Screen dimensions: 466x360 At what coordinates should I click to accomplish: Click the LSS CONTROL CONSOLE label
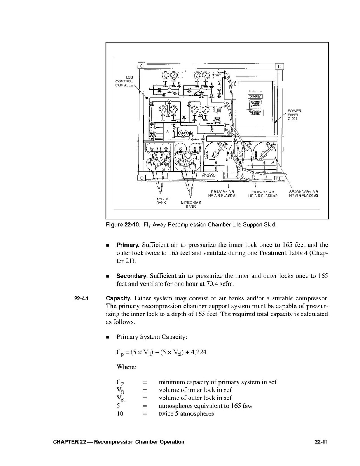click(x=124, y=81)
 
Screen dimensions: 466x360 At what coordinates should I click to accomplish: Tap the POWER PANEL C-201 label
click(x=294, y=115)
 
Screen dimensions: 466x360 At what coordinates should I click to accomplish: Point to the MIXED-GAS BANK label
click(x=190, y=205)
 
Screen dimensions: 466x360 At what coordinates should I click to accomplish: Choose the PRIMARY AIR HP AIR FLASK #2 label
click(x=263, y=194)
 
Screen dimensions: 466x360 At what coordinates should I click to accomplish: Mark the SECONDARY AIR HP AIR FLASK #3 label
click(x=303, y=193)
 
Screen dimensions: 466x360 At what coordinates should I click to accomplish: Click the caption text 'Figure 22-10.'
click(x=123, y=225)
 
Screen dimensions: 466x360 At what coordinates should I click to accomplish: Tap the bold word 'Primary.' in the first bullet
click(x=128, y=245)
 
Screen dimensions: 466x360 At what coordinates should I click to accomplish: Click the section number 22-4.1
click(x=82, y=299)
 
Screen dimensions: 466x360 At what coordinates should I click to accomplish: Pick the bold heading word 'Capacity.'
click(x=119, y=298)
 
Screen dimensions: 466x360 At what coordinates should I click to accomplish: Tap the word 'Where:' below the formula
click(x=126, y=367)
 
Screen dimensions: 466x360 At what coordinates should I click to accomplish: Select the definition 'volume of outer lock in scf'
click(x=195, y=398)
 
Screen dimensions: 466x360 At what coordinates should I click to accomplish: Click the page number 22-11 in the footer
click(x=322, y=442)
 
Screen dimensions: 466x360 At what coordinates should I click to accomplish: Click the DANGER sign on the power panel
click(x=255, y=102)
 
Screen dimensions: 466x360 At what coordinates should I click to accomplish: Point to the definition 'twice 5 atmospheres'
click(x=186, y=414)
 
